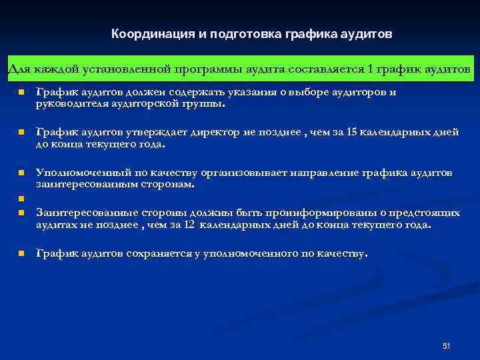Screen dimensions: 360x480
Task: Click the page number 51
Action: pos(447,345)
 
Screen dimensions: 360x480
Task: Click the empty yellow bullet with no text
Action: pos(21,198)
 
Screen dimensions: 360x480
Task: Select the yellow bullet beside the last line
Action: pos(21,254)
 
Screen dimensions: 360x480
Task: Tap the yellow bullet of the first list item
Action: pos(21,93)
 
